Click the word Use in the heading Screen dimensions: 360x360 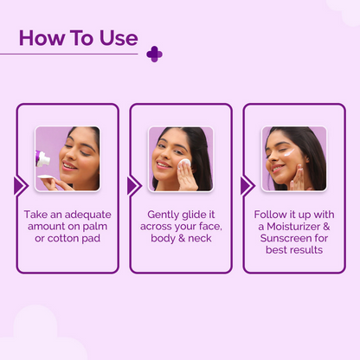click(x=119, y=38)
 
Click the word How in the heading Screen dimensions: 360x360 click(x=42, y=38)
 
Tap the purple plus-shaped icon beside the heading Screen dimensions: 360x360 click(x=154, y=54)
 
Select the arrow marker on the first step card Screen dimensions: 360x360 click(x=20, y=186)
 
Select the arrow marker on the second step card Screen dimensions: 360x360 click(x=133, y=186)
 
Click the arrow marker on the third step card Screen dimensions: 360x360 click(x=247, y=186)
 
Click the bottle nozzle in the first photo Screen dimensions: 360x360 click(x=42, y=158)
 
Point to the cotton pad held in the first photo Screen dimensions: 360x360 click(x=45, y=177)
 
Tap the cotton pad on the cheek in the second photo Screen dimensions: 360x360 click(x=184, y=163)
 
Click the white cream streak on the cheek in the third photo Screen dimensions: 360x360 click(x=289, y=152)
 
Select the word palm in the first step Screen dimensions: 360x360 click(x=95, y=227)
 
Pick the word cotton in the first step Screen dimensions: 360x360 click(x=60, y=238)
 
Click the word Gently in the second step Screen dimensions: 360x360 click(x=163, y=215)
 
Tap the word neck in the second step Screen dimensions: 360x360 click(x=200, y=238)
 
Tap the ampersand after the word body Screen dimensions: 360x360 click(x=182, y=238)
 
